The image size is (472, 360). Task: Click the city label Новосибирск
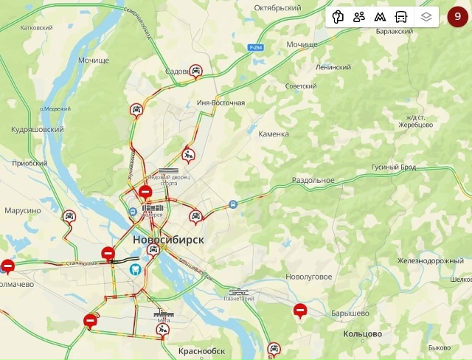(x=169, y=240)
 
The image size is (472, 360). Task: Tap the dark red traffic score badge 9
(x=457, y=16)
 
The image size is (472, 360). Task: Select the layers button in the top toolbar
(x=426, y=16)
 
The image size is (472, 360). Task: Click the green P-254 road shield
(x=256, y=47)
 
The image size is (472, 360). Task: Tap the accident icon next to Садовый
(x=196, y=72)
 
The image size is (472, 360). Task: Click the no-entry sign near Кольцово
(x=300, y=311)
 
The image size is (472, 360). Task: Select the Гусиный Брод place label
(x=393, y=167)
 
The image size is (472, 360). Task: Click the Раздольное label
(x=313, y=180)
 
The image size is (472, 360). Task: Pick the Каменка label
(x=274, y=134)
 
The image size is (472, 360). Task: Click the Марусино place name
(x=23, y=210)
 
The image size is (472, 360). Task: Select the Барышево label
(x=350, y=314)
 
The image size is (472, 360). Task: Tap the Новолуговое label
(x=308, y=277)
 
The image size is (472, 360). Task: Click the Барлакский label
(x=395, y=32)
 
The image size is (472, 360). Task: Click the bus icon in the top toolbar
(x=400, y=16)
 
